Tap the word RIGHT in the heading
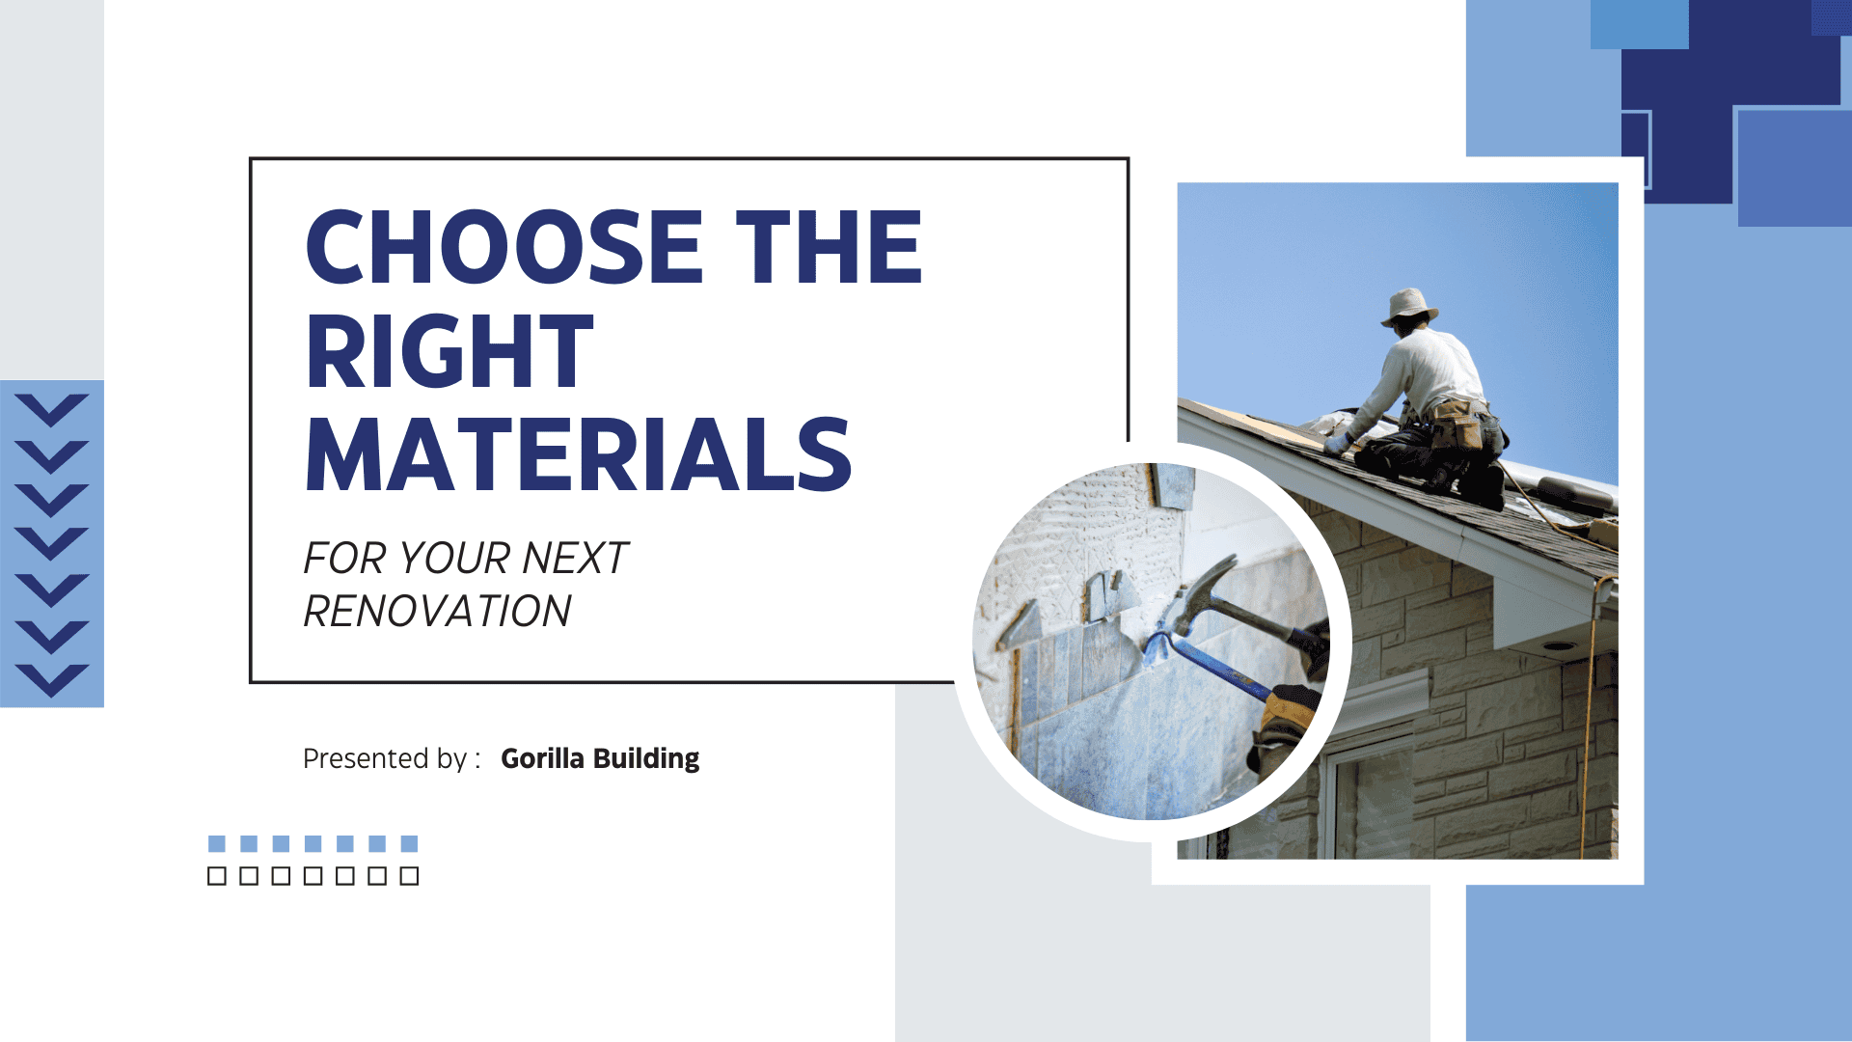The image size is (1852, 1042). pyautogui.click(x=449, y=352)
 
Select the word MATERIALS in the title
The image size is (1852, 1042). pyautogui.click(x=579, y=455)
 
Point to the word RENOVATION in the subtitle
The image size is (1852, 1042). pyautogui.click(x=438, y=612)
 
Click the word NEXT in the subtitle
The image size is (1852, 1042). pyautogui.click(x=575, y=559)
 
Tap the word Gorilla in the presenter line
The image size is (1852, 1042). pyautogui.click(x=542, y=758)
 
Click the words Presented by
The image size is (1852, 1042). pyautogui.click(x=385, y=759)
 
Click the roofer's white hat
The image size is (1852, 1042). pyautogui.click(x=1409, y=306)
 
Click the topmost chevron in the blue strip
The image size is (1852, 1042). pyautogui.click(x=52, y=409)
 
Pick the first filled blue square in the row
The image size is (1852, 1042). pyautogui.click(x=217, y=844)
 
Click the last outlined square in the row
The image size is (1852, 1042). pyautogui.click(x=409, y=876)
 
